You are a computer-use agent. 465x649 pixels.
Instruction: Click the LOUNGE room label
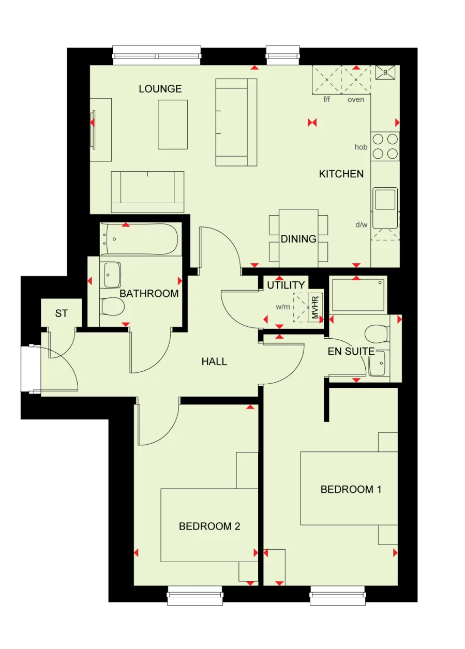[x=160, y=89]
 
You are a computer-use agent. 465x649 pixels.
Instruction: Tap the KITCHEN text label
[x=341, y=174]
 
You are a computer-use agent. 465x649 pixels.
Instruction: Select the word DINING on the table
[x=298, y=239]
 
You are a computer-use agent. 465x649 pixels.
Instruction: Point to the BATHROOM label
[x=149, y=294]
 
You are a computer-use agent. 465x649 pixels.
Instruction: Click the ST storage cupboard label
[x=61, y=314]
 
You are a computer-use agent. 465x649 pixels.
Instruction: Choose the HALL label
[x=214, y=362]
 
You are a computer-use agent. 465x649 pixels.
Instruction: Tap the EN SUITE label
[x=351, y=352]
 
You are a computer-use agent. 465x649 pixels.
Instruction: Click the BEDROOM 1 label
[x=351, y=489]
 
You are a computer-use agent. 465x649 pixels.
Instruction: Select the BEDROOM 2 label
[x=209, y=526]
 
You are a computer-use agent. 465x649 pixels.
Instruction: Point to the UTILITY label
[x=286, y=285]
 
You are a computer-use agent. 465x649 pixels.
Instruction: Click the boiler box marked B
[x=385, y=73]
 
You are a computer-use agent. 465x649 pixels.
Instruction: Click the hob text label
[x=361, y=147]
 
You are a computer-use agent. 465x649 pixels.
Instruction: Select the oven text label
[x=355, y=99]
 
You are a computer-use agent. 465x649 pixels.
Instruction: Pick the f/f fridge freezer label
[x=326, y=99]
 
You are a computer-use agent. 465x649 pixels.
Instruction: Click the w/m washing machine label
[x=282, y=307]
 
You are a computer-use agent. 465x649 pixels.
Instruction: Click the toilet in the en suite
[x=376, y=334]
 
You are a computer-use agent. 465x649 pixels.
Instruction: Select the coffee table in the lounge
[x=173, y=124]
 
